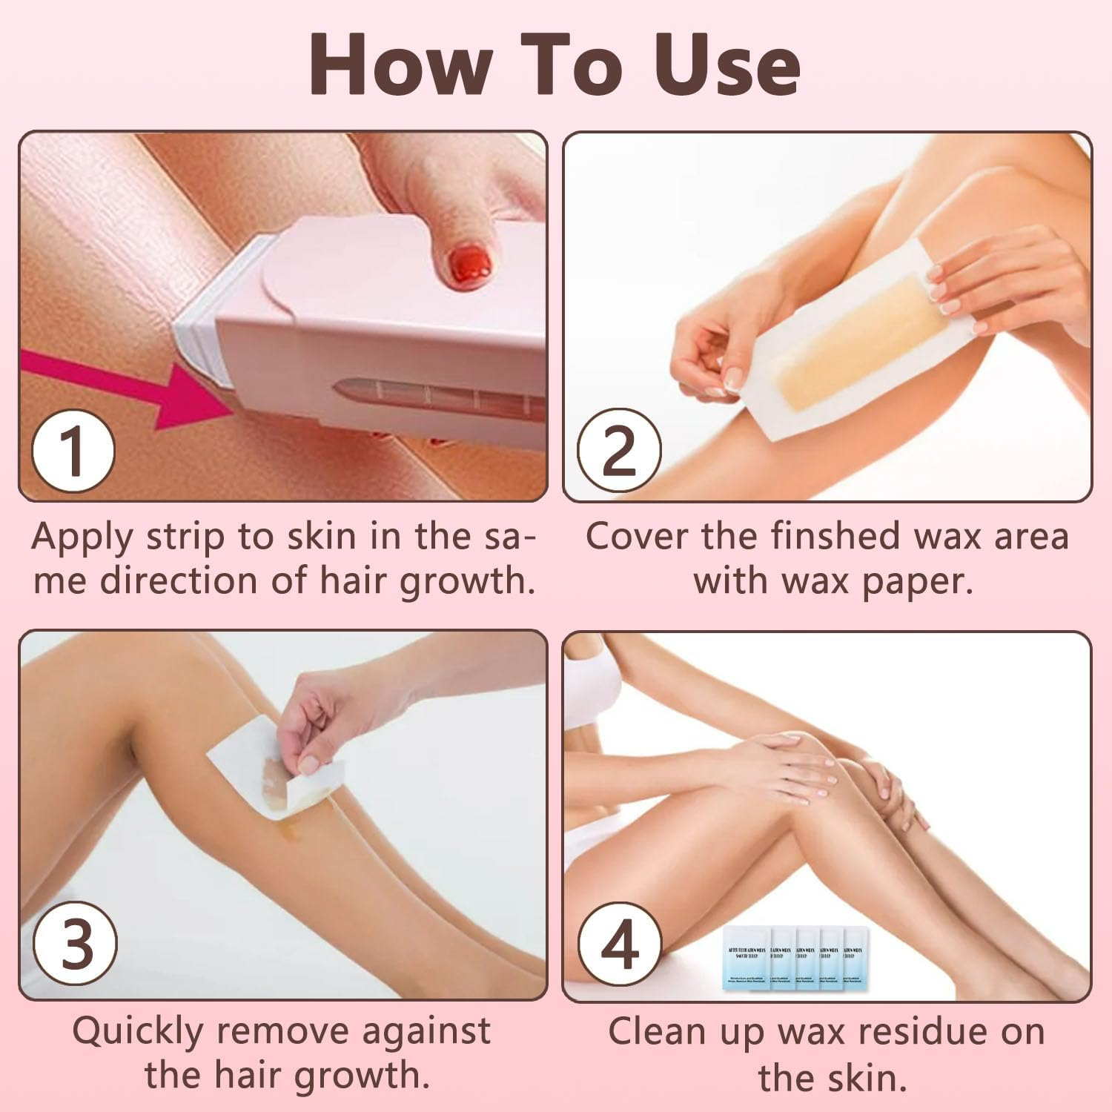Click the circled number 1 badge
[x=73, y=451]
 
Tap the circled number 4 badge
[x=619, y=944]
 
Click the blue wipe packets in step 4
[x=793, y=958]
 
